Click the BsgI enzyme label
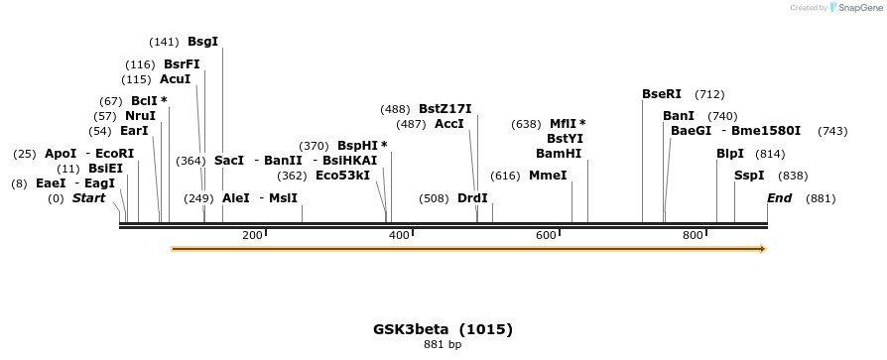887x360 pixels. click(202, 42)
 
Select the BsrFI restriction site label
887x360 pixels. click(182, 63)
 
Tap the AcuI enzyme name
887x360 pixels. click(175, 79)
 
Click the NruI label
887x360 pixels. click(140, 116)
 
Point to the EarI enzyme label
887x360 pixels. click(134, 131)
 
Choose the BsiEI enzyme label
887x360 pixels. click(105, 169)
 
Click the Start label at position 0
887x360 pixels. click(88, 198)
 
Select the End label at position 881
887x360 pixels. click(779, 198)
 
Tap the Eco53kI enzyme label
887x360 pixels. click(342, 176)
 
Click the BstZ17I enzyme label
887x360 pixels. click(444, 109)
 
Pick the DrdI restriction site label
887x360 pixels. click(472, 198)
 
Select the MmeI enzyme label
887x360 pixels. click(548, 176)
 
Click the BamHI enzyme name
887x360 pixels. click(559, 154)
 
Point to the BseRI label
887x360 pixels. click(662, 94)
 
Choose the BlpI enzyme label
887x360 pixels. click(730, 154)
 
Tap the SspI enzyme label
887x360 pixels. click(749, 176)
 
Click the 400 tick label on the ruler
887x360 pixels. click(399, 235)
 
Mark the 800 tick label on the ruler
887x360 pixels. click(693, 235)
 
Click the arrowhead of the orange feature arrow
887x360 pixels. click(762, 249)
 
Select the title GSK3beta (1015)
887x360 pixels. click(443, 329)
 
